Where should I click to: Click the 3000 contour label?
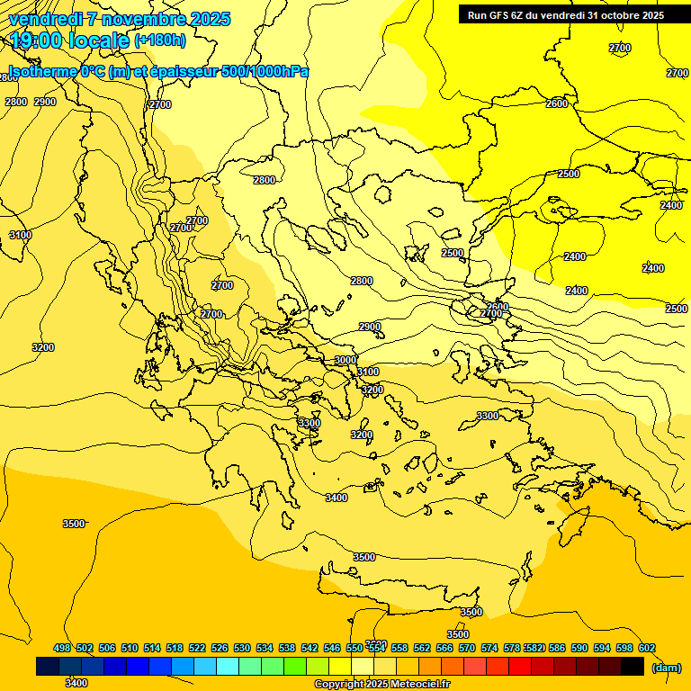point(345,360)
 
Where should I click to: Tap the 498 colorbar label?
point(62,648)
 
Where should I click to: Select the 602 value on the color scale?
point(647,648)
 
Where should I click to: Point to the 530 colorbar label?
point(242,648)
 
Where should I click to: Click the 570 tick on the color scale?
point(467,648)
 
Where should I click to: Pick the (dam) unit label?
point(666,667)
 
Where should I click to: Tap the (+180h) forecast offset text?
point(160,40)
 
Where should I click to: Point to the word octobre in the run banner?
point(608,14)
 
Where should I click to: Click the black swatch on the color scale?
point(633,667)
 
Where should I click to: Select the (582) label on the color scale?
point(534,648)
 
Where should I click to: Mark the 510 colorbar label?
point(130,648)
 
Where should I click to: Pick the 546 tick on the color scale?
point(332,648)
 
